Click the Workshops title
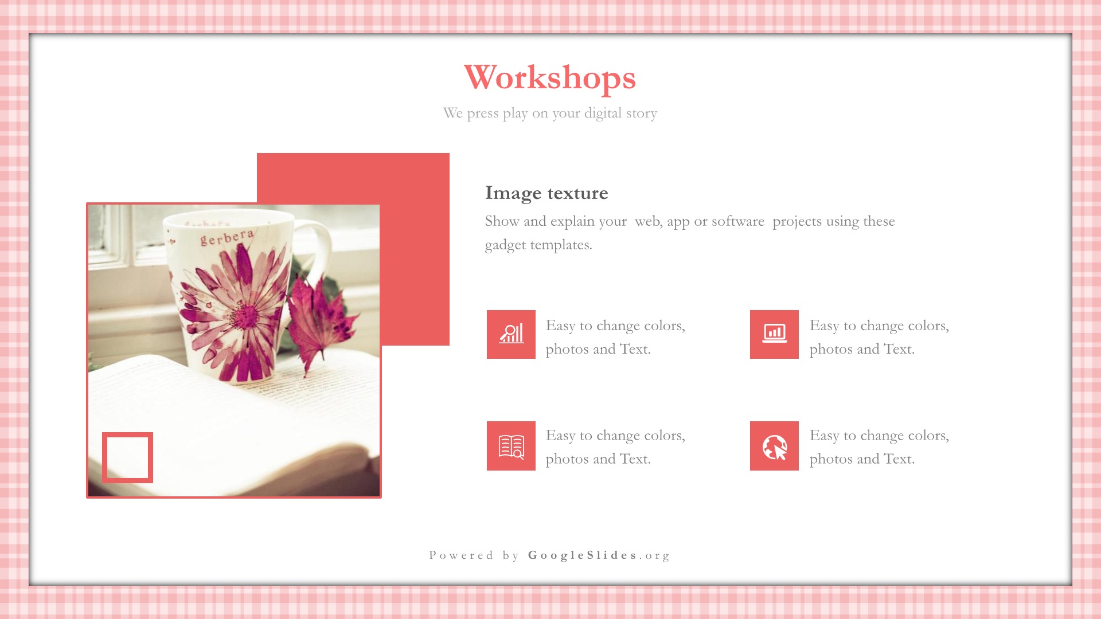tap(550, 78)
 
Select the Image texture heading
tap(546, 193)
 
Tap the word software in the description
tap(737, 221)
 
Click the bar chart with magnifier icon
tap(511, 334)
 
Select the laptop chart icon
tap(774, 334)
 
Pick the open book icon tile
tap(511, 446)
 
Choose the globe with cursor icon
tap(774, 446)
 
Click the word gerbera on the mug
tap(227, 237)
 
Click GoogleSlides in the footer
tap(583, 555)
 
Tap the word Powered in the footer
tap(461, 555)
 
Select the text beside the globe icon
tap(879, 447)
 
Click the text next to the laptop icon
tap(879, 337)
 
